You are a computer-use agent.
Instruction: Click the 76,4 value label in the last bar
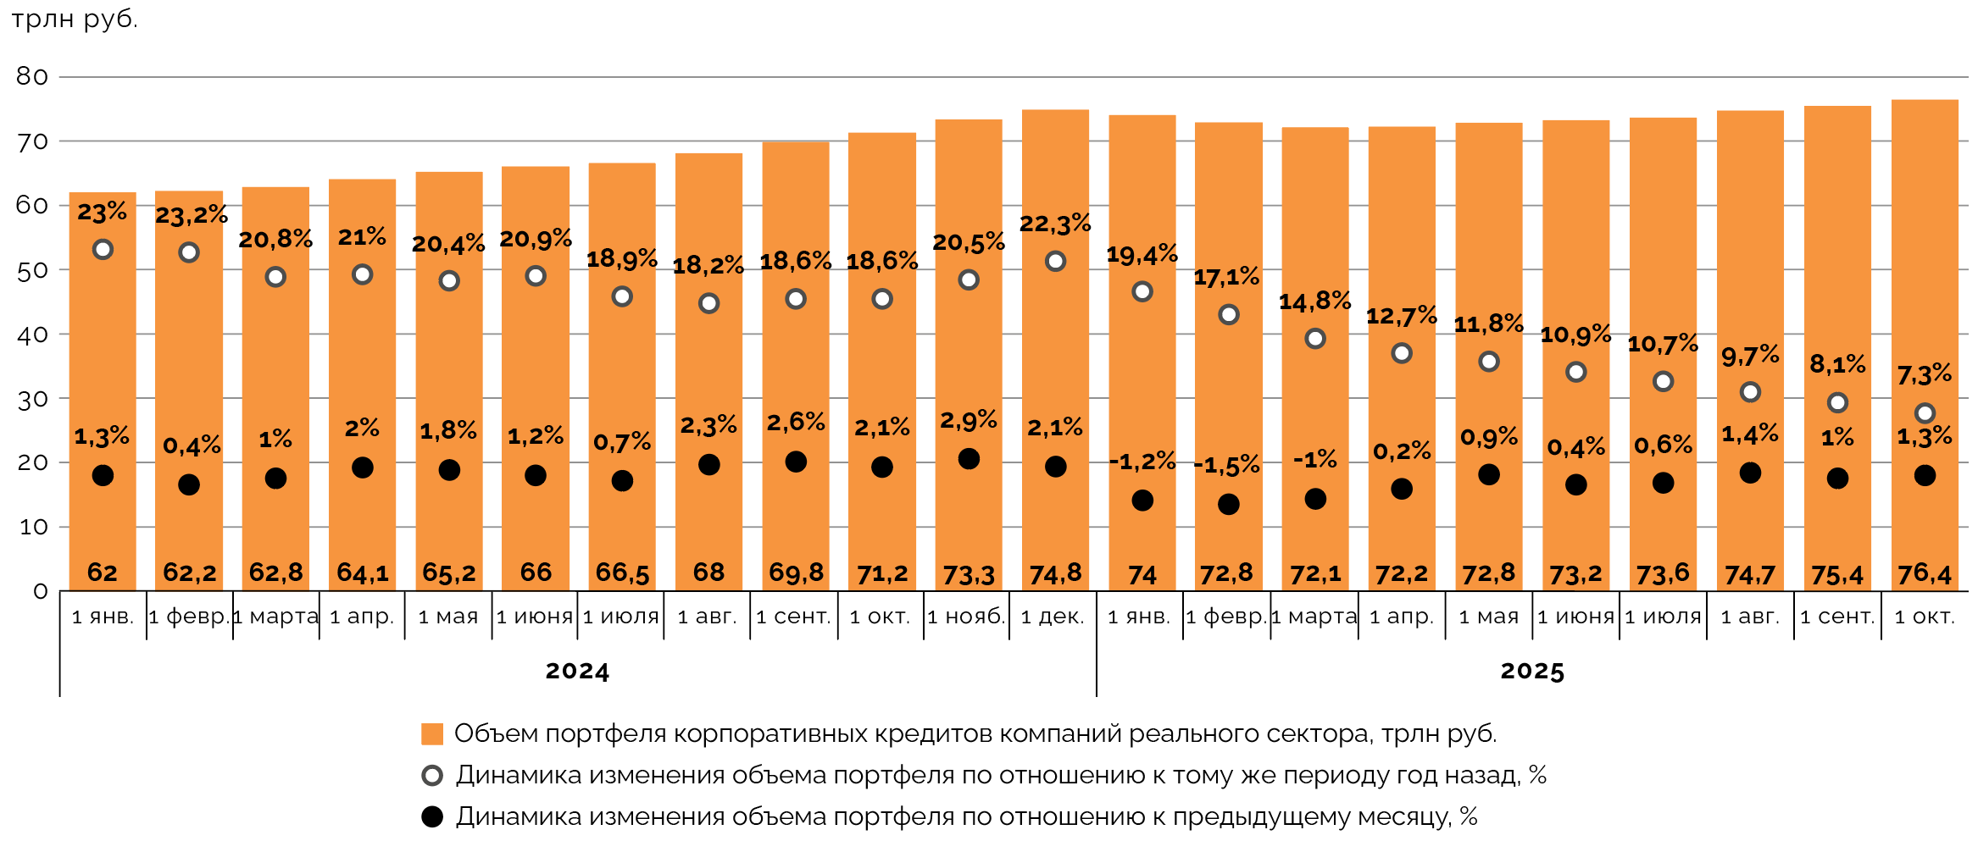pyautogui.click(x=1924, y=574)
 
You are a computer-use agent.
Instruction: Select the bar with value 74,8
pyautogui.click(x=1055, y=356)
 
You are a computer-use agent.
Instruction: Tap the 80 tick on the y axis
pyautogui.click(x=32, y=76)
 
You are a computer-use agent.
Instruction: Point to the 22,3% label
pyautogui.click(x=1054, y=224)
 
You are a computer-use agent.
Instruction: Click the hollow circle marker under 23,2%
pyautogui.click(x=189, y=252)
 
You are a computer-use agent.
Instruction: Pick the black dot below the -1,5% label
pyautogui.click(x=1228, y=504)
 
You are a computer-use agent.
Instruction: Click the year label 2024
pyautogui.click(x=577, y=672)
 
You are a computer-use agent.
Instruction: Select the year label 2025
pyautogui.click(x=1532, y=672)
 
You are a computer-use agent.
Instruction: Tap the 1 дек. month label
pyautogui.click(x=1053, y=617)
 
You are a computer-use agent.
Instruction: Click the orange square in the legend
pyautogui.click(x=432, y=733)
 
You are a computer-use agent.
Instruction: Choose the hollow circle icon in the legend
pyautogui.click(x=432, y=775)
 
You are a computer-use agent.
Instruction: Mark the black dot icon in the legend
pyautogui.click(x=432, y=816)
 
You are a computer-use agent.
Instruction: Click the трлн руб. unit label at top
pyautogui.click(x=75, y=19)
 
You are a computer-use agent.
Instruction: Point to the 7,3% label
pyautogui.click(x=1924, y=373)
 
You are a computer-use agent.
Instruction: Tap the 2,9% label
pyautogui.click(x=969, y=420)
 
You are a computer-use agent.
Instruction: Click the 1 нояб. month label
pyautogui.click(x=966, y=617)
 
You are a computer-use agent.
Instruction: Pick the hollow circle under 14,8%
pyautogui.click(x=1315, y=339)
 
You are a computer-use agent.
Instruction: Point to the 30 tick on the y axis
pyautogui.click(x=32, y=399)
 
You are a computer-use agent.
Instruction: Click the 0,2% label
pyautogui.click(x=1402, y=451)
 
